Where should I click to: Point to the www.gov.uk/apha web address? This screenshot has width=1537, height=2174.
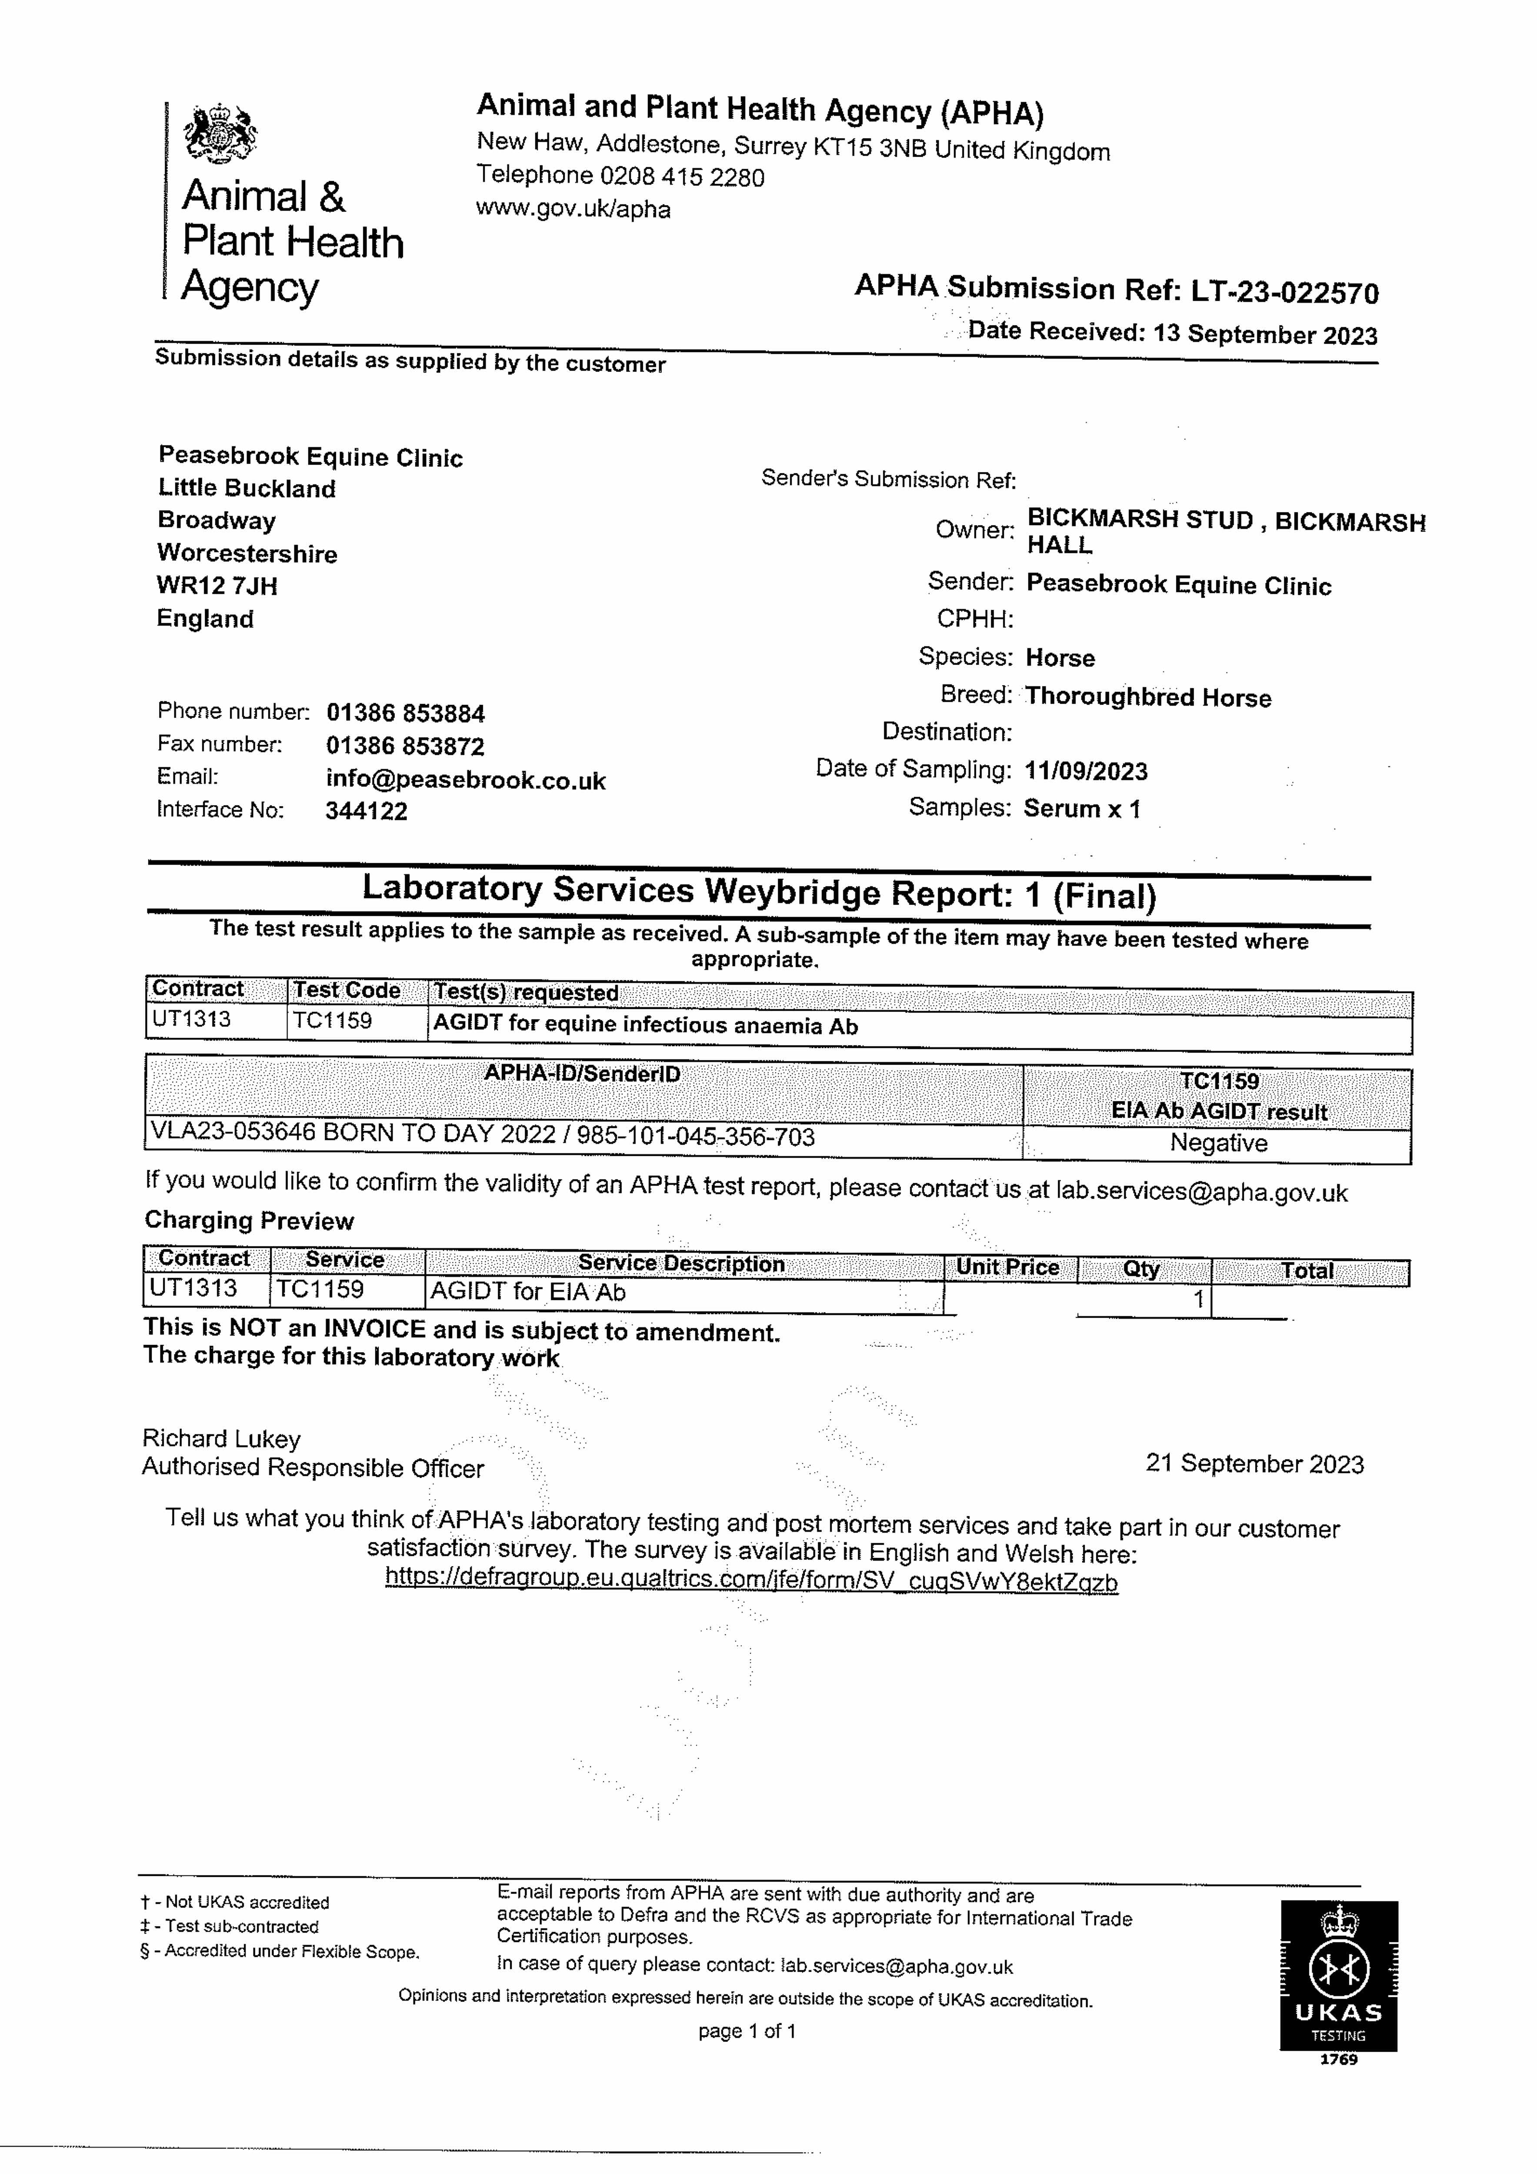coord(573,209)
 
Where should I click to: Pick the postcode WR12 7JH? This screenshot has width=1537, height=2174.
coord(217,586)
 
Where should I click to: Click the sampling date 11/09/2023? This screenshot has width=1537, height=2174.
coord(1085,772)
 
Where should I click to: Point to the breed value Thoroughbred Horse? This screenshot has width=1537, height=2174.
coord(1148,698)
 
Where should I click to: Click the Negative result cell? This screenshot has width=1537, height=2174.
coord(1218,1144)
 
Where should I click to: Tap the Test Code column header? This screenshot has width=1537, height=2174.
coord(347,990)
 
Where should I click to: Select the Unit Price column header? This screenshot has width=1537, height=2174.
coord(1007,1268)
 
